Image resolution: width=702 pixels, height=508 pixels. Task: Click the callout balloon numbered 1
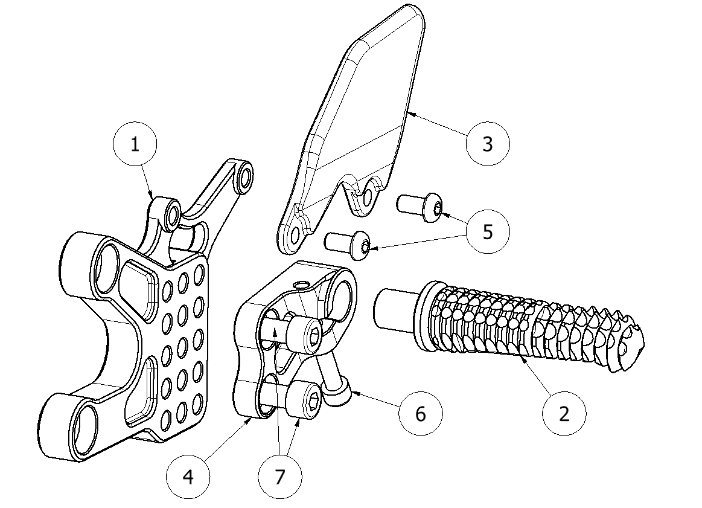(135, 144)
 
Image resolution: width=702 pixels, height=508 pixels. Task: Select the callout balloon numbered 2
(564, 414)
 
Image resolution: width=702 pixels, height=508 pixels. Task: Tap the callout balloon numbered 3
(488, 144)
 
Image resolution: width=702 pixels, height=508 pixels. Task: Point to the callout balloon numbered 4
(188, 477)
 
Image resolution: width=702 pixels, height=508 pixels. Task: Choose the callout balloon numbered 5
(488, 231)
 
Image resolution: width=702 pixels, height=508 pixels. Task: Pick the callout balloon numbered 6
(421, 414)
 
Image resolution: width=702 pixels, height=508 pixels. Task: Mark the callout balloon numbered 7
(279, 477)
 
